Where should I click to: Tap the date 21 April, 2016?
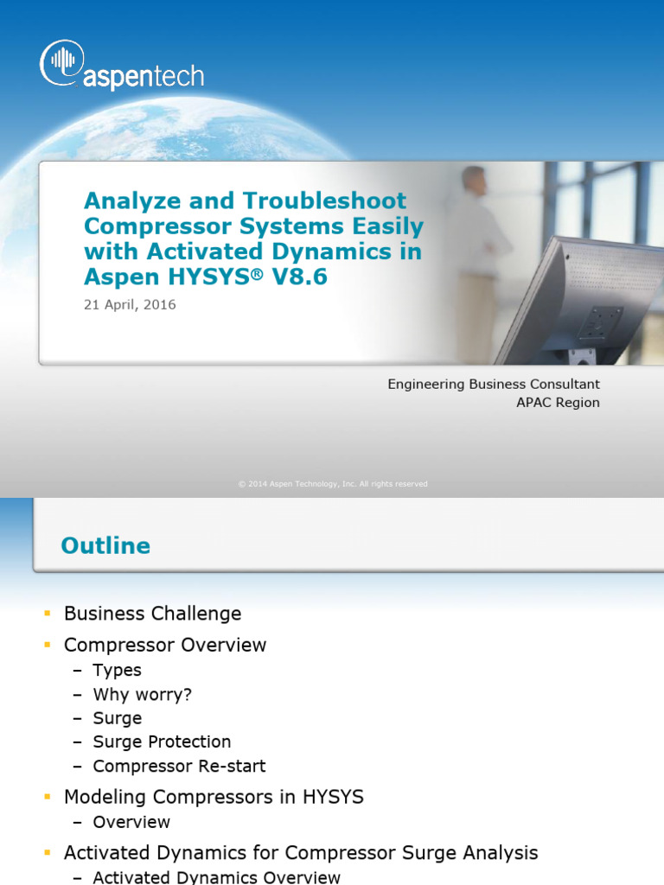coord(130,305)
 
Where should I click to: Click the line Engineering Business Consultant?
coord(493,384)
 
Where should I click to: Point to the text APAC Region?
coord(558,403)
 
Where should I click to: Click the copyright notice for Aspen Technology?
coord(332,484)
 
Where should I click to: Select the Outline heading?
coord(105,545)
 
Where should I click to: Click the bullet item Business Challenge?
coord(152,614)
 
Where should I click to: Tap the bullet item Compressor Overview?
coord(165,645)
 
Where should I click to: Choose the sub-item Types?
coord(117,670)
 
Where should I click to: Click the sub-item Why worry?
coord(142,694)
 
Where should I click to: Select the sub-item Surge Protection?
coord(162,742)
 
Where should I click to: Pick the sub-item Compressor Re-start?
coord(179,766)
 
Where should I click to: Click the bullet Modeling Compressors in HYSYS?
coord(214,797)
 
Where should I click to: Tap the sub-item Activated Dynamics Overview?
coord(216,877)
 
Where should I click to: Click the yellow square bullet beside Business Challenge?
coord(48,614)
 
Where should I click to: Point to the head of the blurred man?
coord(474,180)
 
